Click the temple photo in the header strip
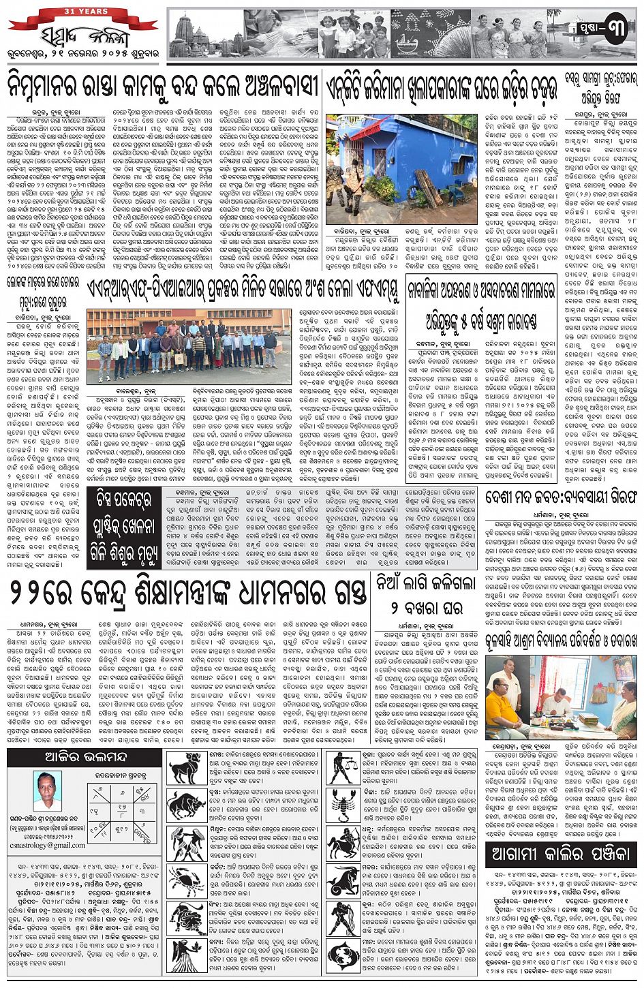[205, 34]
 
